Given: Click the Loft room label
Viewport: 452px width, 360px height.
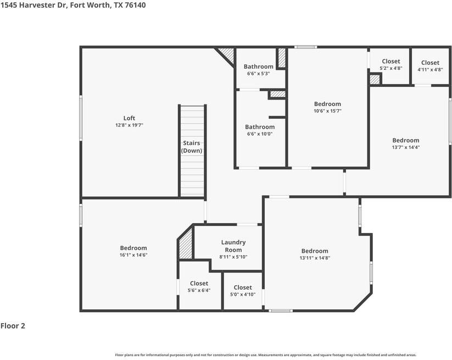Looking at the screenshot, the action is pyautogui.click(x=129, y=118).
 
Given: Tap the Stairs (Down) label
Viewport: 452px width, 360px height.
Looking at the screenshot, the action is pyautogui.click(x=192, y=147).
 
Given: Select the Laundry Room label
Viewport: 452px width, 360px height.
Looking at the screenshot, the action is pyautogui.click(x=233, y=246).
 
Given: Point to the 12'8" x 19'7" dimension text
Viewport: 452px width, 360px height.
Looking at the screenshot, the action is pyautogui.click(x=129, y=125).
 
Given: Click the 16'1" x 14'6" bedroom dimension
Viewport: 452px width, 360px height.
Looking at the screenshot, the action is pyautogui.click(x=133, y=255).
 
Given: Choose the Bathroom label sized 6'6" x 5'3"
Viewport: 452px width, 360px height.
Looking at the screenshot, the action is pyautogui.click(x=258, y=67).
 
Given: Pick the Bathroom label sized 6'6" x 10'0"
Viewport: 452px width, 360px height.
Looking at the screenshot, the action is pyautogui.click(x=260, y=127).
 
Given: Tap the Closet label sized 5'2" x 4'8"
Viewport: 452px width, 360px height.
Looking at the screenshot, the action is pyautogui.click(x=391, y=61).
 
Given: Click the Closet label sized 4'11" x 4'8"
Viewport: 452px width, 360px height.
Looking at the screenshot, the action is pyautogui.click(x=430, y=63).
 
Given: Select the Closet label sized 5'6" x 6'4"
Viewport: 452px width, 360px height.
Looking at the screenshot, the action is pyautogui.click(x=199, y=283).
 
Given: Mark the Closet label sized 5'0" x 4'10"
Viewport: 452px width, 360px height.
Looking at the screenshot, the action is pyautogui.click(x=243, y=287).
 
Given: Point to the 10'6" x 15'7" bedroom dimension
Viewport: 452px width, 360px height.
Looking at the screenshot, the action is pyautogui.click(x=327, y=111).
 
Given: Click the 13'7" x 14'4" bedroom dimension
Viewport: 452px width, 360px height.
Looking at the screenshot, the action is pyautogui.click(x=405, y=147).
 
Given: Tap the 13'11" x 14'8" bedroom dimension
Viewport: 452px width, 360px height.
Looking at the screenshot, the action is pyautogui.click(x=315, y=258).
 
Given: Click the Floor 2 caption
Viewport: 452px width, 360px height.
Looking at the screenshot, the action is pyautogui.click(x=13, y=326).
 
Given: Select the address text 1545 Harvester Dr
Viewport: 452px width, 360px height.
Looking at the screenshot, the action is pyautogui.click(x=34, y=5).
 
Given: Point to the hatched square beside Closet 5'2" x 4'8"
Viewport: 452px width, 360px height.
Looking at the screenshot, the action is pyautogui.click(x=375, y=80).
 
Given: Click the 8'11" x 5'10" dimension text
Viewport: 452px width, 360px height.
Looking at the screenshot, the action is pyautogui.click(x=233, y=257).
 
